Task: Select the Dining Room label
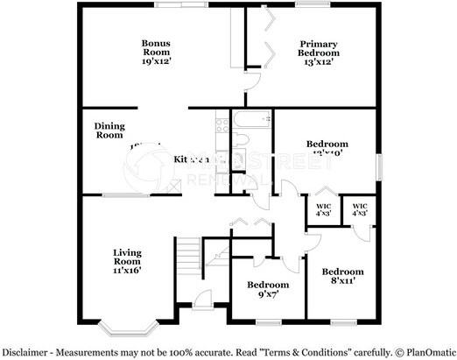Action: pyautogui.click(x=109, y=131)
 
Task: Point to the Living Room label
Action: pyautogui.click(x=127, y=258)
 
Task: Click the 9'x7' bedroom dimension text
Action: pyautogui.click(x=267, y=294)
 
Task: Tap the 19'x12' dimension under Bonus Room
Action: pyautogui.click(x=157, y=62)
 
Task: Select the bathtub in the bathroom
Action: pyautogui.click(x=251, y=120)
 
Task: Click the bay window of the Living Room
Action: pyautogui.click(x=122, y=331)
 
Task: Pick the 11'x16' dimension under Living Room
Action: pyautogui.click(x=127, y=271)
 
